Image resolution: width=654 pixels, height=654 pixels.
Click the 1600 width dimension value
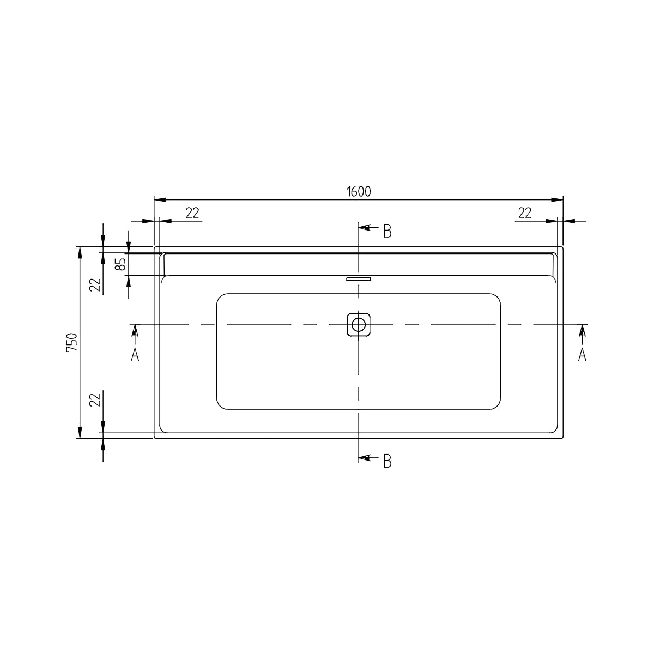tap(359, 192)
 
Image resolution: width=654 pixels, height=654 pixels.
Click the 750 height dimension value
tap(72, 343)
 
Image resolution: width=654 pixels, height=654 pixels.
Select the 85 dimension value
tap(121, 264)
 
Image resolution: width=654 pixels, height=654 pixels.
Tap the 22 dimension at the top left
tap(192, 213)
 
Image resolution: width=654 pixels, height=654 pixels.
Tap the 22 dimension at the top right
tap(525, 213)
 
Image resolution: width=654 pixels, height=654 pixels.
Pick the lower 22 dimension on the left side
tap(95, 400)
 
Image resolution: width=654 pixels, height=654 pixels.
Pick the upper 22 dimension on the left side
tap(95, 284)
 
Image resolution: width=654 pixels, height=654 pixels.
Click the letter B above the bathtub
tap(387, 231)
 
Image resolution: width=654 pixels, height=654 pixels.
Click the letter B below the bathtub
tap(387, 461)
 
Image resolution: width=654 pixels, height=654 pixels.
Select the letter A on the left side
tap(135, 355)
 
